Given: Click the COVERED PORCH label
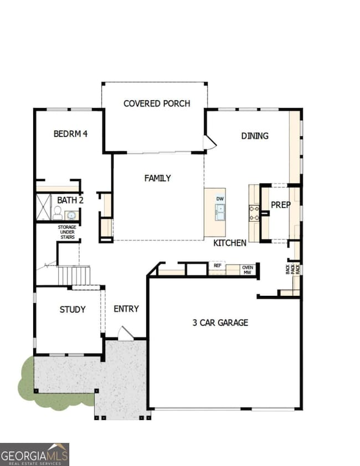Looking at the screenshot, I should click(x=157, y=104).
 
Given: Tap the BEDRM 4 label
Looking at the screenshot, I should click(x=70, y=134).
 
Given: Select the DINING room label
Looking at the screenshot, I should click(x=255, y=136).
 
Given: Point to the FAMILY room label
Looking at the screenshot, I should click(x=157, y=178).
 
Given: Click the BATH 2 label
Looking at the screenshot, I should click(x=70, y=200).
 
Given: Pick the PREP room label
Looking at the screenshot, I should click(x=280, y=205).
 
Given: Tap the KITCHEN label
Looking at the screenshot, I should click(x=230, y=243).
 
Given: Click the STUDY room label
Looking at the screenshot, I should click(x=73, y=309).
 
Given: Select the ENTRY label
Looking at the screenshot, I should click(x=126, y=309).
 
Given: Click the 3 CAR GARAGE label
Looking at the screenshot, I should click(x=220, y=322).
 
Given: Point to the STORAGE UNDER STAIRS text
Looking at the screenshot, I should click(x=67, y=232).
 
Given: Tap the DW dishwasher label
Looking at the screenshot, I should click(x=219, y=198).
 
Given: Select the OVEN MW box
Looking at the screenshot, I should click(x=247, y=269).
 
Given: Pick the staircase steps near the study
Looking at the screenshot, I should click(x=74, y=275).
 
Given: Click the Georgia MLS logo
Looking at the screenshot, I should click(x=34, y=453).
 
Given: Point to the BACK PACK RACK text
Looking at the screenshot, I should click(x=293, y=268).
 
